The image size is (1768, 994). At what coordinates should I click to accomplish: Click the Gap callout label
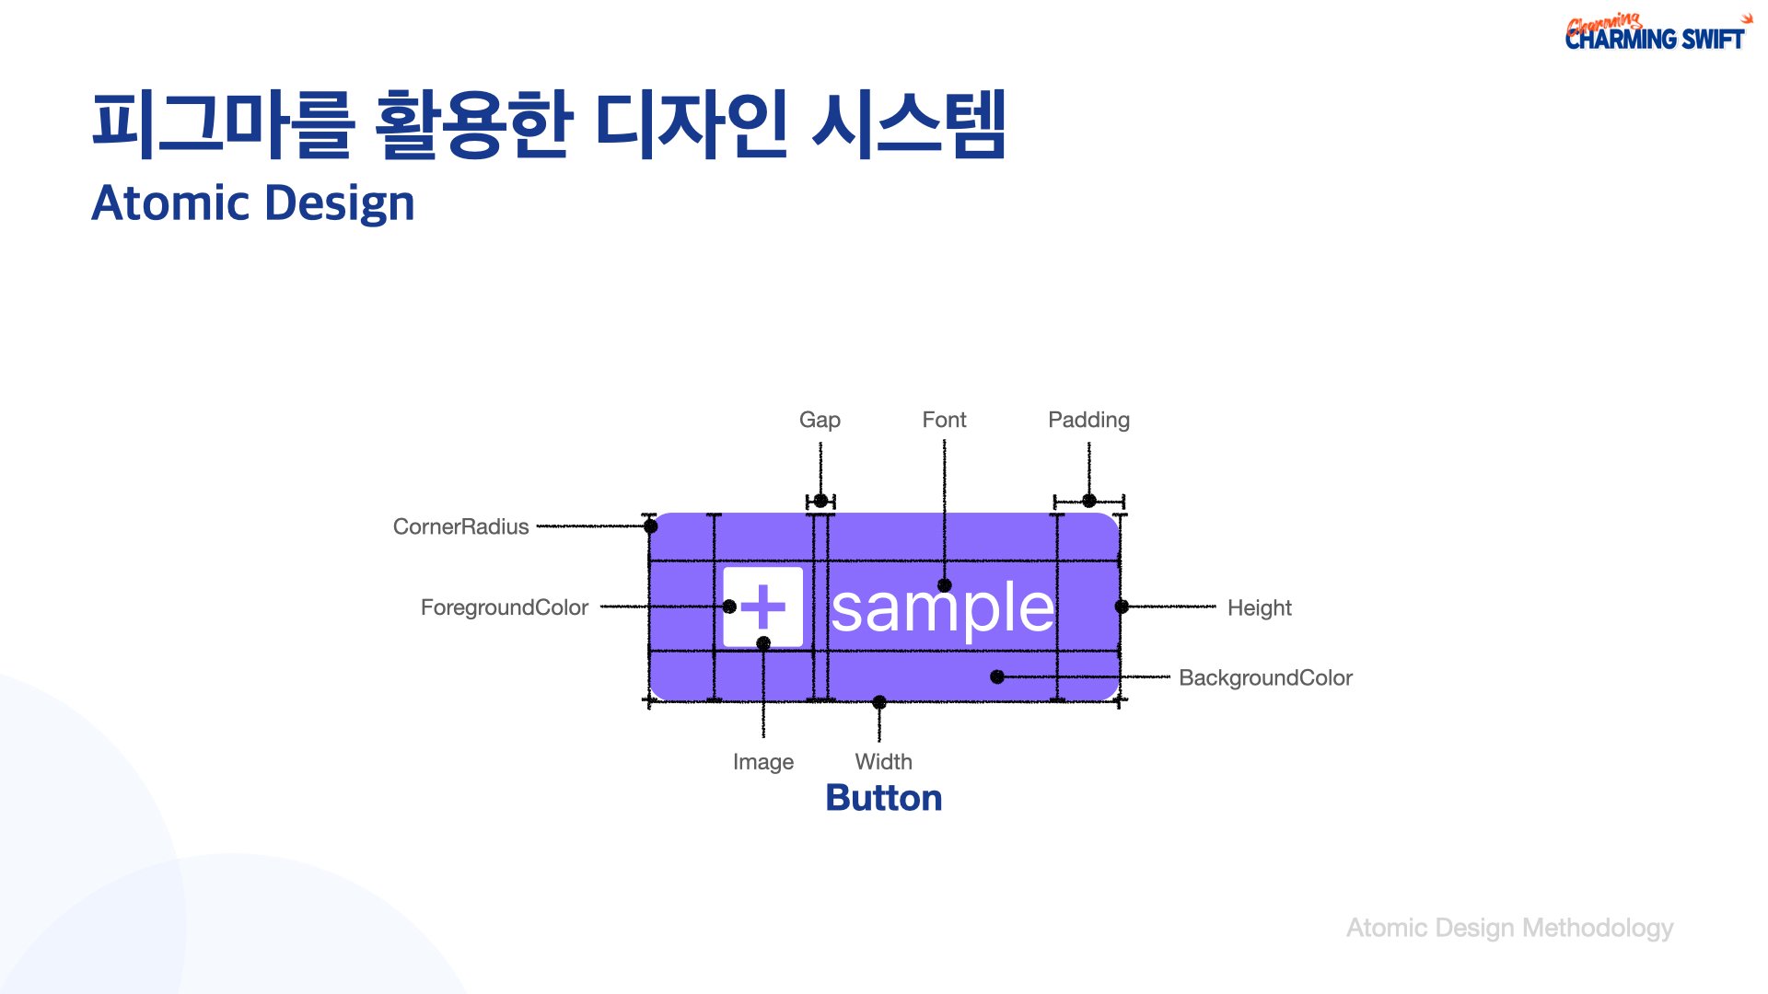point(820,421)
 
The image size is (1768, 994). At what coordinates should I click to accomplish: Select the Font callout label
point(944,420)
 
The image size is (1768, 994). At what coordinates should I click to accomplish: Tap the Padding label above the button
point(1088,421)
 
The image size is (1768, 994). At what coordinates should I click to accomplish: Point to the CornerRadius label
point(460,526)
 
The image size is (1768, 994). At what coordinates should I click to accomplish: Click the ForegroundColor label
point(504,608)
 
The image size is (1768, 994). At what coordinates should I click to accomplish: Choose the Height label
point(1259,608)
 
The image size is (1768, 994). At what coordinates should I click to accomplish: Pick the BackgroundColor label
point(1265,678)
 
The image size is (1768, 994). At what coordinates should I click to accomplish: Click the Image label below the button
point(762,763)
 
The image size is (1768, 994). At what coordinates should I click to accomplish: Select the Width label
point(883,762)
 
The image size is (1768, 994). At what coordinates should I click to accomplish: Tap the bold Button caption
point(884,798)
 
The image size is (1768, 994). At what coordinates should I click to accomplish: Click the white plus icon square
point(762,607)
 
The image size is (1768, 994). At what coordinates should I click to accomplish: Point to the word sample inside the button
point(942,608)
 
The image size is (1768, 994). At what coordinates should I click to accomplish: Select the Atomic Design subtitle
point(253,203)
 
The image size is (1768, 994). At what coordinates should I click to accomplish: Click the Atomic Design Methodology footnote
point(1509,929)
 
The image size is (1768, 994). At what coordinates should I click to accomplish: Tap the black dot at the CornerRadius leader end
point(651,526)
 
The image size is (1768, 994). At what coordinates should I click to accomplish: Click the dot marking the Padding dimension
point(1089,501)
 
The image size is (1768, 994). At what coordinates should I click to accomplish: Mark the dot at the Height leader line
point(1122,607)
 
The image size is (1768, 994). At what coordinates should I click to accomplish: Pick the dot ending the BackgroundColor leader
point(997,676)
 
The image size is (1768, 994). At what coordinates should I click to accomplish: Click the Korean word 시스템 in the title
point(909,124)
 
